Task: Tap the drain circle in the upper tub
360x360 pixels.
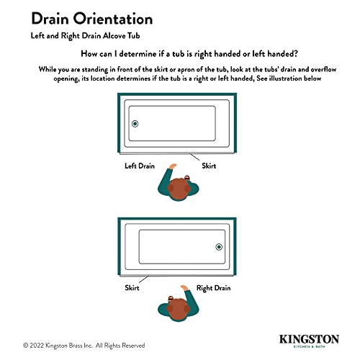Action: coord(135,125)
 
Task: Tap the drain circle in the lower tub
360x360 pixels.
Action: coord(220,248)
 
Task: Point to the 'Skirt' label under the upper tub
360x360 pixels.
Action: coord(209,166)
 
